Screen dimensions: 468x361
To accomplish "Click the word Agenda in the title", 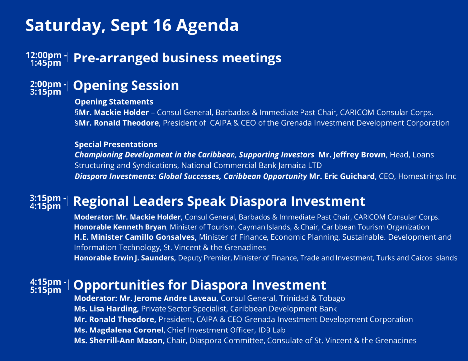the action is [x=207, y=26].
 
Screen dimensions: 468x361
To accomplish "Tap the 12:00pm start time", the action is [x=43, y=55].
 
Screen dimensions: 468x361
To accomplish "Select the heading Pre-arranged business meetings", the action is [x=177, y=58].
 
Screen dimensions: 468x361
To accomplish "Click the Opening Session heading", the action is [x=126, y=86].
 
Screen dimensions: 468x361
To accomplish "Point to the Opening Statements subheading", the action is [x=114, y=102].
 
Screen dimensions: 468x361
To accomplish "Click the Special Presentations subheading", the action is [x=116, y=144].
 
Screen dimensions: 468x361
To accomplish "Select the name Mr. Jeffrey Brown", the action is [x=352, y=155].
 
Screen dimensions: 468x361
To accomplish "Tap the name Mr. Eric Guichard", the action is [x=342, y=176].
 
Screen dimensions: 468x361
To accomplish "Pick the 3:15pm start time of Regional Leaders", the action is [x=45, y=198].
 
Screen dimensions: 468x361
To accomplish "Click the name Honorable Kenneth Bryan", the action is [x=120, y=227].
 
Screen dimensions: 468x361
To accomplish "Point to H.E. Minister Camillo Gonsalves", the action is [x=135, y=237].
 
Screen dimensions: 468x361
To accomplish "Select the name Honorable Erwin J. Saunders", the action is [x=125, y=258].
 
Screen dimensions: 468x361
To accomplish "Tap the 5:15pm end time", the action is [x=45, y=290].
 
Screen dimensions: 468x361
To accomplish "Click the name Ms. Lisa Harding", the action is [x=106, y=309].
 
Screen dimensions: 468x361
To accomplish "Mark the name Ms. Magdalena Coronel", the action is [x=119, y=330].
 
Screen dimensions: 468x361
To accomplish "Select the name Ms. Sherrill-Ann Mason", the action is [x=119, y=341].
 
